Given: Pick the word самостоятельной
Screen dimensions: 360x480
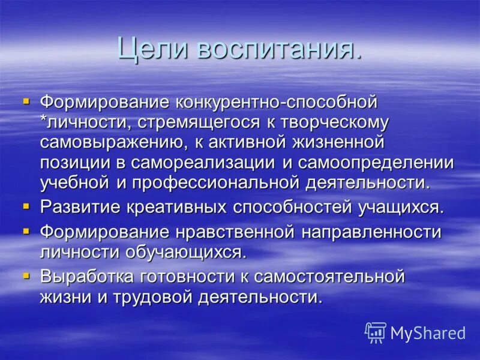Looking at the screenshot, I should pyautogui.click(x=329, y=277).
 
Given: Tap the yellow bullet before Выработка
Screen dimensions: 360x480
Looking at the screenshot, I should pyautogui.click(x=26, y=275).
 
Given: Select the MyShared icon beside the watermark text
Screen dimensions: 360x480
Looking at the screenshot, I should pyautogui.click(x=376, y=332).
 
